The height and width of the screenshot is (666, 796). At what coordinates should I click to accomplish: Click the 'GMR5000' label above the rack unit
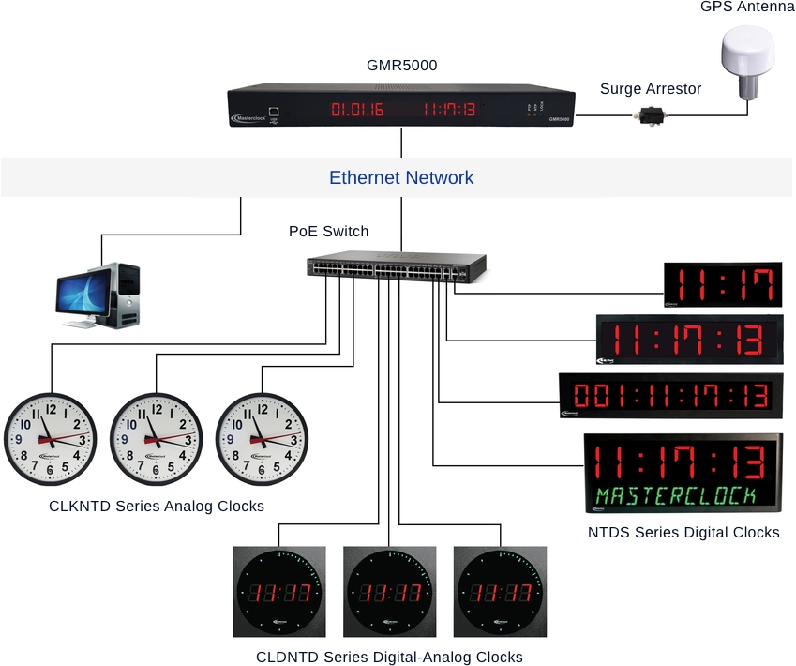(401, 66)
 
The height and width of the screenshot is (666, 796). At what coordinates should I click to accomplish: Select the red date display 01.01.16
(357, 111)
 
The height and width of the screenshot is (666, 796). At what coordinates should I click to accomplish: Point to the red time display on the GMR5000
(449, 111)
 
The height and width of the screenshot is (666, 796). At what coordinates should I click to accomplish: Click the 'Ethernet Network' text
(401, 177)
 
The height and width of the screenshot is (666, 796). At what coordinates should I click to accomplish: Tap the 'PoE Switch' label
(328, 232)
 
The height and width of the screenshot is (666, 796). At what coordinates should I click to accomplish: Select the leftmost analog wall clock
(51, 438)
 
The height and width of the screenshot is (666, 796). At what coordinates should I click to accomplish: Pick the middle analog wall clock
(156, 438)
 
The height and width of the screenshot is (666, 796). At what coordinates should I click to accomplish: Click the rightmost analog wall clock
(262, 438)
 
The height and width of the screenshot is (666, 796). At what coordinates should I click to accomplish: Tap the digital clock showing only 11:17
(723, 283)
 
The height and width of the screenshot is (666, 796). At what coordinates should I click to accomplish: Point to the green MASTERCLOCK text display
(682, 495)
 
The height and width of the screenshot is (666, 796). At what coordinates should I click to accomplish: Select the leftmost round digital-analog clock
(278, 593)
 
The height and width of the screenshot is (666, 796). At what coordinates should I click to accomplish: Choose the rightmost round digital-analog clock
(500, 593)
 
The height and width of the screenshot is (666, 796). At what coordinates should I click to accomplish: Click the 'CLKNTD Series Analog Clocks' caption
(157, 507)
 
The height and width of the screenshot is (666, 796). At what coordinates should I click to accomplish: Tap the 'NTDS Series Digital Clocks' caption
(683, 533)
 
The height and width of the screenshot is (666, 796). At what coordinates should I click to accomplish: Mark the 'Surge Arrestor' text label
(651, 89)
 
